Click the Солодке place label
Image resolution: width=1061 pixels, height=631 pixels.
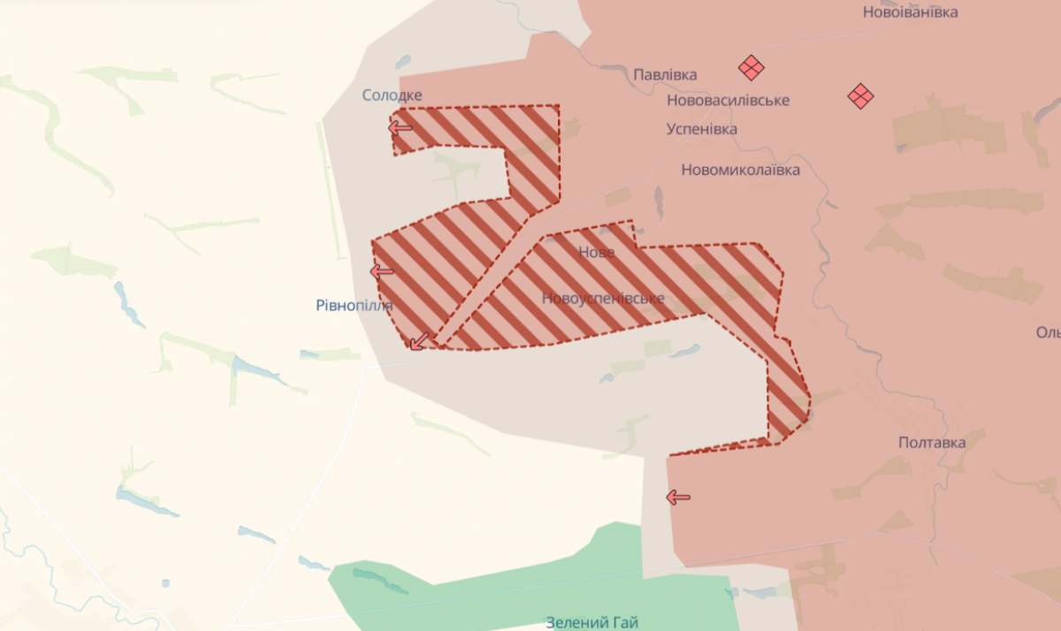(392, 95)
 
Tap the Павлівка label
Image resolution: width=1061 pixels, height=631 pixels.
(665, 75)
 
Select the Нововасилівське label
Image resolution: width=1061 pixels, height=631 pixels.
(728, 101)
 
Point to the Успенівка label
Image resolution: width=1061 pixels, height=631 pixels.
(701, 129)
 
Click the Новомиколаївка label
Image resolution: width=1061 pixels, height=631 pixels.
(740, 170)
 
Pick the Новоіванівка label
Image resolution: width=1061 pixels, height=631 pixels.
(910, 12)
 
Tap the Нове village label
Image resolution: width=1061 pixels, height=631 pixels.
(596, 252)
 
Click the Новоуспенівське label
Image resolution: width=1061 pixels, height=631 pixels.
(603, 299)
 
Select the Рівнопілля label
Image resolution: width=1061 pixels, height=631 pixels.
(354, 305)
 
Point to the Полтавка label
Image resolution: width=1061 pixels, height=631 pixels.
(931, 442)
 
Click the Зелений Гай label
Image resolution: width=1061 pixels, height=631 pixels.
(592, 622)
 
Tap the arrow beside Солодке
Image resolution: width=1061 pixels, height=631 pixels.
(401, 127)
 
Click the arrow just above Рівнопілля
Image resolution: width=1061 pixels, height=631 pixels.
(382, 271)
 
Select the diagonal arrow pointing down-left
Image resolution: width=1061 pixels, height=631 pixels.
(419, 340)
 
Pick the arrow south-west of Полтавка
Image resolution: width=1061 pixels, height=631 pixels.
(678, 498)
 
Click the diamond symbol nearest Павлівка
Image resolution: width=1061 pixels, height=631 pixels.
(752, 68)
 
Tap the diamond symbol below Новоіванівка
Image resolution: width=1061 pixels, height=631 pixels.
(860, 95)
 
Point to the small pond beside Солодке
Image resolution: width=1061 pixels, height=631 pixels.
(403, 62)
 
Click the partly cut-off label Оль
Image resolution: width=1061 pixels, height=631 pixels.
(1048, 332)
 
